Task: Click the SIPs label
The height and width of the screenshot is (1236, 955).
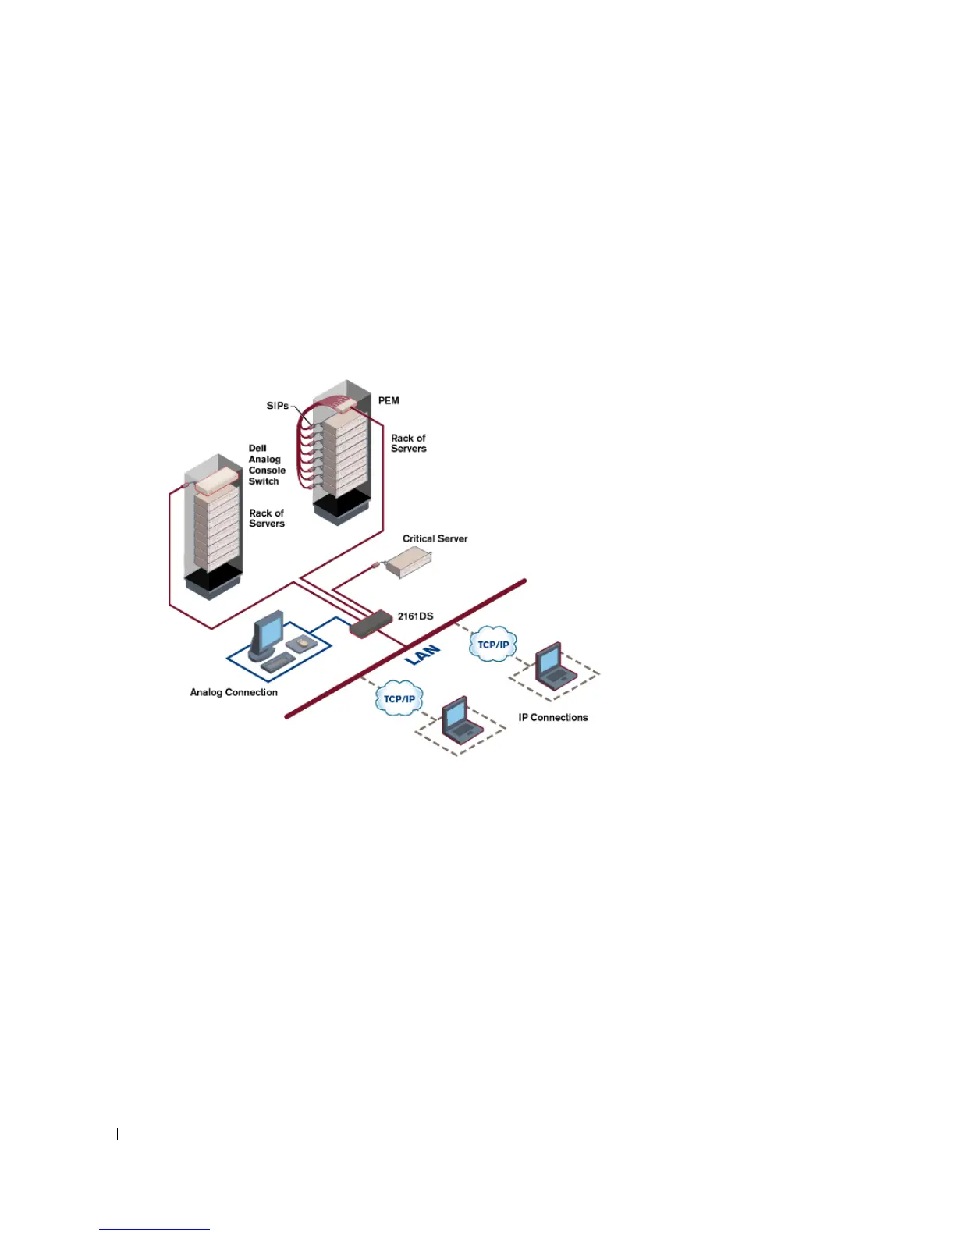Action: click(277, 406)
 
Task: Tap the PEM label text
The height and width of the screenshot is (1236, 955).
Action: click(389, 401)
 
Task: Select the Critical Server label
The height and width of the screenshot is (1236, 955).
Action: click(435, 538)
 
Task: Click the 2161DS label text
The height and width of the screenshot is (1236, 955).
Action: click(415, 616)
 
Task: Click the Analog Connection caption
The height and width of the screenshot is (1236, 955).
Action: click(233, 692)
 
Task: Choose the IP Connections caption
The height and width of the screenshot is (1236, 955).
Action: click(552, 718)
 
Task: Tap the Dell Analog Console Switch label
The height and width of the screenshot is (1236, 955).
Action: click(266, 465)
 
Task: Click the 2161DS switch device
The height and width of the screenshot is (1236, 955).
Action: click(371, 623)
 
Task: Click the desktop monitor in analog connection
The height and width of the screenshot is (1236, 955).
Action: click(267, 634)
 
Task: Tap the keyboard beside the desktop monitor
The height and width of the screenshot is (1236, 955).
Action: click(279, 662)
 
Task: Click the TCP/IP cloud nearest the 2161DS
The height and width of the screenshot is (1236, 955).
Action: click(492, 645)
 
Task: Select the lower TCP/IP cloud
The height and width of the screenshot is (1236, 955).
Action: click(399, 699)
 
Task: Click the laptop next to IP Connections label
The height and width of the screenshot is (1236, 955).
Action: click(553, 666)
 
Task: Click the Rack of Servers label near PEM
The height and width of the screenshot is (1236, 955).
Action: click(408, 443)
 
